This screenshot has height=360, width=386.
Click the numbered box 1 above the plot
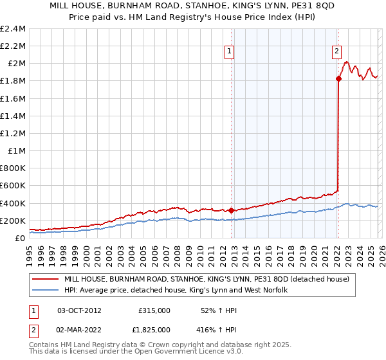point(230,54)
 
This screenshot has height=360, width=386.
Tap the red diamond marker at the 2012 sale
point(231,210)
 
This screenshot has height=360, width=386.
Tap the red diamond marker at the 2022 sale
point(338,78)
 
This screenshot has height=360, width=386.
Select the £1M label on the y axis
point(17,151)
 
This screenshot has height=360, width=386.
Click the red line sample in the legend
point(46,280)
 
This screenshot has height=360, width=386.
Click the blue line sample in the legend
point(46,291)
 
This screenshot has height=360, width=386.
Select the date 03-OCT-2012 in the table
point(80,310)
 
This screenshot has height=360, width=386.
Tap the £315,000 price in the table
point(154,310)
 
